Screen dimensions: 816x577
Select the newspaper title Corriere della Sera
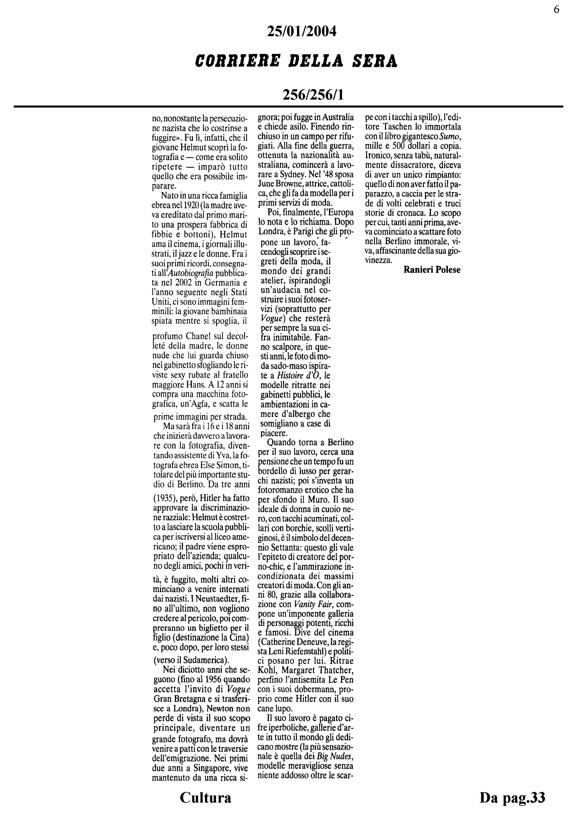(x=296, y=61)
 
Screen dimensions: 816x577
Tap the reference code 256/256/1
(x=313, y=95)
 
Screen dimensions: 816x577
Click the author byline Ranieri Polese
(x=432, y=270)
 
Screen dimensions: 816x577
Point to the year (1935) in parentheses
(x=165, y=497)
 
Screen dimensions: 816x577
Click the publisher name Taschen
(x=398, y=127)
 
